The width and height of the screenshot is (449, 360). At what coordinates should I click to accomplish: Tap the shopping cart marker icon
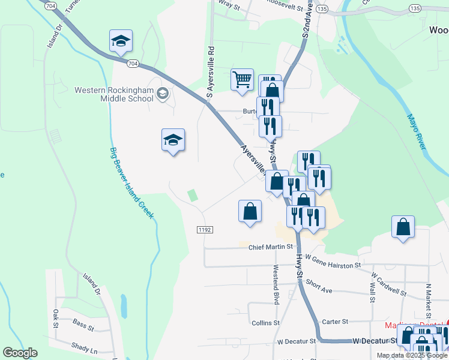[241, 80]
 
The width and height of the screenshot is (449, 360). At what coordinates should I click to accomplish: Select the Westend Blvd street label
[277, 285]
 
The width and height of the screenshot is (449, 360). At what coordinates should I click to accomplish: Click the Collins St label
[266, 322]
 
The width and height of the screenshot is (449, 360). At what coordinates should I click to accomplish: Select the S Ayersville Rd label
[211, 72]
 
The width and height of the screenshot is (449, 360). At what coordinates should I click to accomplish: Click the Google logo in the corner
[20, 353]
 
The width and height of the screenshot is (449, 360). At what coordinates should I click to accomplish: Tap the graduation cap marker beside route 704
[121, 41]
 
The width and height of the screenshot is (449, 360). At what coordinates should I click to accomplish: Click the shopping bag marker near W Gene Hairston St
[403, 228]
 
